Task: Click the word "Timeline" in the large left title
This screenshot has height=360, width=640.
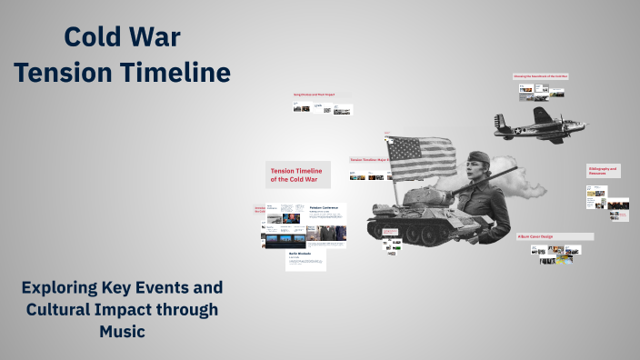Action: tap(178, 72)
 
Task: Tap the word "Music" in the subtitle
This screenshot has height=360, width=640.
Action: tap(123, 332)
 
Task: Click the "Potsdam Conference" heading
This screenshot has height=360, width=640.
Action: tap(324, 208)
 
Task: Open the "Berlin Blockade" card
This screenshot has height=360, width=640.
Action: tap(305, 259)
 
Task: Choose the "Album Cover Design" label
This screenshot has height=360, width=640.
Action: tap(535, 236)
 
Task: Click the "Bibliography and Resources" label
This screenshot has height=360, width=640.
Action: tap(603, 170)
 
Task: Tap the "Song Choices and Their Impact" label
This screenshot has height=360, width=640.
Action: tap(314, 95)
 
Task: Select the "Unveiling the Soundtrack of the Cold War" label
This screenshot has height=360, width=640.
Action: tap(540, 76)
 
